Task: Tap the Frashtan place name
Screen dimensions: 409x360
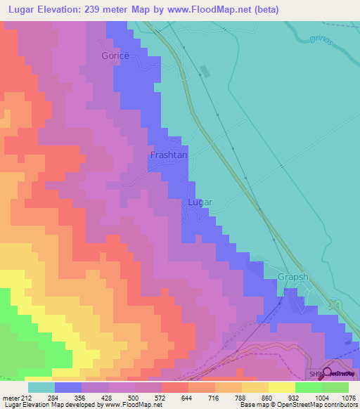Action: (x=169, y=155)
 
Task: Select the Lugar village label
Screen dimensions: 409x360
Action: (x=200, y=202)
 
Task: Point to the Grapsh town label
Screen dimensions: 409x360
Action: (x=292, y=277)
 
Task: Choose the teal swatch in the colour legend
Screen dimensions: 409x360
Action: (x=41, y=387)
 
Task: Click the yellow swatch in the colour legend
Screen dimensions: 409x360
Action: (x=281, y=387)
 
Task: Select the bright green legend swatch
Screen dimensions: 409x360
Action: (x=308, y=387)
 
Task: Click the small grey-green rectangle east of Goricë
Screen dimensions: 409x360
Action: (x=205, y=71)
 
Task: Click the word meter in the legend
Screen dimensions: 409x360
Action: (x=11, y=398)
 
